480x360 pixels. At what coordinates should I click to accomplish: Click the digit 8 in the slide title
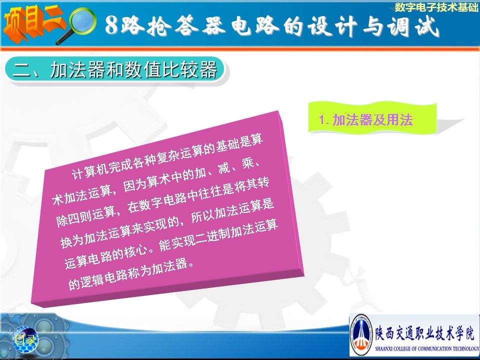(111, 25)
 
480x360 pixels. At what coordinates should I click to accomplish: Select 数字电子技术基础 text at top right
(436, 6)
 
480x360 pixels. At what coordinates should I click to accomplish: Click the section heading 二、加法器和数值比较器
(115, 69)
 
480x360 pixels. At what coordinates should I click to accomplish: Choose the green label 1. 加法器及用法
(366, 119)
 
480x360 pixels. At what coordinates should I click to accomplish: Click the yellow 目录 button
(25, 339)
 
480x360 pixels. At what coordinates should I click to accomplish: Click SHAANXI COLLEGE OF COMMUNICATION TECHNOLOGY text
(427, 348)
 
